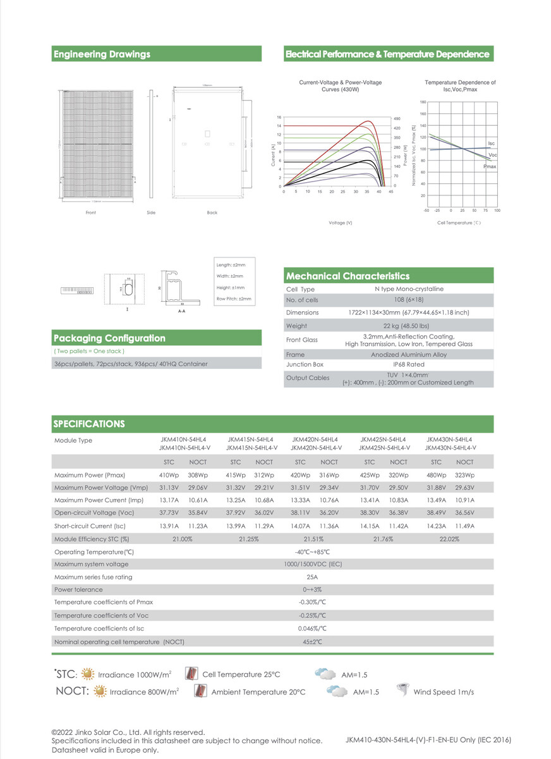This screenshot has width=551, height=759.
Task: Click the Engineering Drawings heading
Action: [x=102, y=54]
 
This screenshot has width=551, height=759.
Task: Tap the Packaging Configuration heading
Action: [x=110, y=338]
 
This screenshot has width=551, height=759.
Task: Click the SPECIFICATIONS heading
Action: [x=89, y=424]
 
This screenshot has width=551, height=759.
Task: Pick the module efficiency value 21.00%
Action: [x=182, y=539]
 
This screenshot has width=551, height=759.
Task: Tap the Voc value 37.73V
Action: [x=169, y=513]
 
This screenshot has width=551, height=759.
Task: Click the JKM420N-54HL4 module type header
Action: [x=315, y=440]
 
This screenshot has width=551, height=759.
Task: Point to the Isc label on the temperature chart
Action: [x=492, y=144]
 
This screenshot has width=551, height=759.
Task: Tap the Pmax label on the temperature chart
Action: [x=490, y=166]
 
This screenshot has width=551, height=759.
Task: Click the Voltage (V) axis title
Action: [x=341, y=223]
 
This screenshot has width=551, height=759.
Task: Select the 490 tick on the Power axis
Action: [x=397, y=119]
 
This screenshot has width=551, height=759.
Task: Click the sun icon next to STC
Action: [x=87, y=674]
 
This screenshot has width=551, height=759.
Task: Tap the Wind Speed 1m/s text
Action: [x=444, y=692]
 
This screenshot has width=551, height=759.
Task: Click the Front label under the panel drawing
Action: [x=91, y=213]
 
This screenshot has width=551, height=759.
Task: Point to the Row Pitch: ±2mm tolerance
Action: [x=234, y=298]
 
